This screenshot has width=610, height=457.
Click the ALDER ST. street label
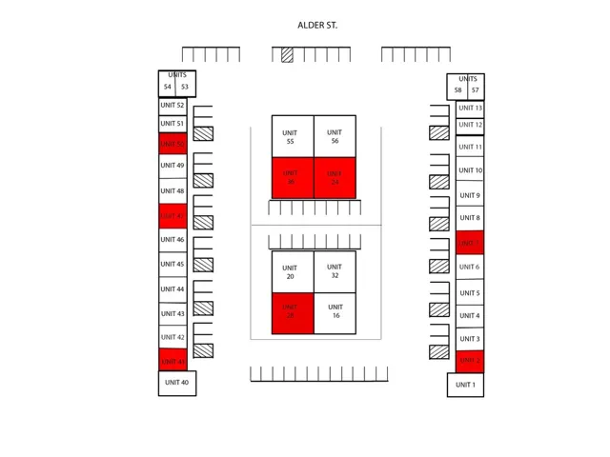click(317, 26)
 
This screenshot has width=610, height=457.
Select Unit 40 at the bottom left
click(176, 383)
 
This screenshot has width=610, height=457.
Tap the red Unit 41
click(173, 360)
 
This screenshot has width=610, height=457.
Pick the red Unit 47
click(173, 215)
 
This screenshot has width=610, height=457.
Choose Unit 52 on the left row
click(173, 106)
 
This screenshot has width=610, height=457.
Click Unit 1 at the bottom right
click(465, 385)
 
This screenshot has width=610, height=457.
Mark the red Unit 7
click(469, 243)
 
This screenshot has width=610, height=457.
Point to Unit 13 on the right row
click(470, 109)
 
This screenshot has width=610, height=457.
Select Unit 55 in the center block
click(292, 136)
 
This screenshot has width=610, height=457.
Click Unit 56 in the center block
click(335, 136)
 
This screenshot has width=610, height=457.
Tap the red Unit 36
click(292, 178)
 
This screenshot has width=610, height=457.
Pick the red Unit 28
click(292, 313)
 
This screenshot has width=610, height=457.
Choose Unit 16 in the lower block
click(335, 313)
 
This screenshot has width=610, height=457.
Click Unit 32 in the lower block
click(335, 271)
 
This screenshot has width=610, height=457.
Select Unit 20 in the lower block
click(292, 271)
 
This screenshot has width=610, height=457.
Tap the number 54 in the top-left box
click(168, 88)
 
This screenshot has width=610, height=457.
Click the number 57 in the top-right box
click(475, 90)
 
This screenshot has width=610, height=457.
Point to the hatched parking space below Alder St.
click(287, 54)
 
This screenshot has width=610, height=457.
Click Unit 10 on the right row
click(470, 170)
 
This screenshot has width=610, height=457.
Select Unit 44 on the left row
click(173, 288)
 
